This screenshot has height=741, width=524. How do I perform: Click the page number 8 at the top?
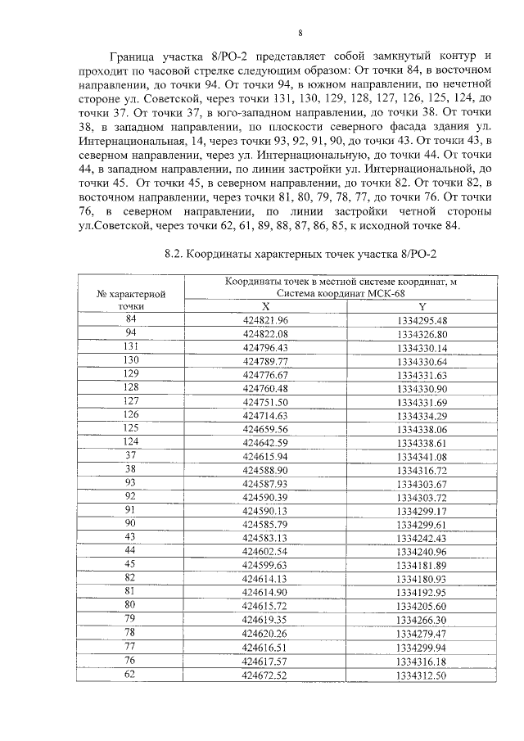pos(300,34)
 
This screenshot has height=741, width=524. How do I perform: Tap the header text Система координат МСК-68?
pos(341,293)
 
